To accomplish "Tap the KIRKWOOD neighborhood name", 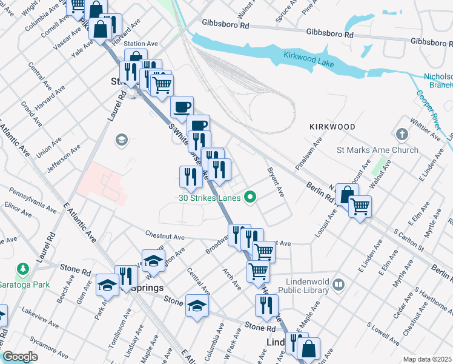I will (332, 127).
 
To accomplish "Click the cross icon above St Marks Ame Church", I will (402, 133).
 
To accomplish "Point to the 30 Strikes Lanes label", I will (210, 197).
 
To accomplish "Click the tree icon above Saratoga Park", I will (23, 268).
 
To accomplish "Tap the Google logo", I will (21, 357).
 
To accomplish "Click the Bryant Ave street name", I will (276, 183).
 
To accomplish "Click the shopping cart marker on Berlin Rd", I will (360, 207).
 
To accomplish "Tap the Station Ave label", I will (141, 44).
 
